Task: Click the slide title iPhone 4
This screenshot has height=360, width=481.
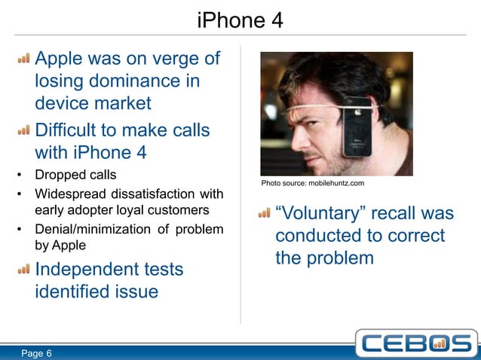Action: tap(240, 20)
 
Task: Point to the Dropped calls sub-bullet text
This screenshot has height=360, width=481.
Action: tap(74, 175)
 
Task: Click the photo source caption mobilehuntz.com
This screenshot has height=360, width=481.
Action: tap(313, 183)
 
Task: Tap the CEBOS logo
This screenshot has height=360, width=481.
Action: tap(416, 343)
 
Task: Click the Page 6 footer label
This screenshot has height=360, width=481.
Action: tap(36, 353)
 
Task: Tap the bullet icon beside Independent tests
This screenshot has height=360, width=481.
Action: tap(24, 269)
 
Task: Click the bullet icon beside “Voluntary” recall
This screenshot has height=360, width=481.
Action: tap(264, 214)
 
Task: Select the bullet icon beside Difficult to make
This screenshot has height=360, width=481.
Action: tap(24, 131)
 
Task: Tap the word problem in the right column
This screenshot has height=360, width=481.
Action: tap(342, 258)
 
